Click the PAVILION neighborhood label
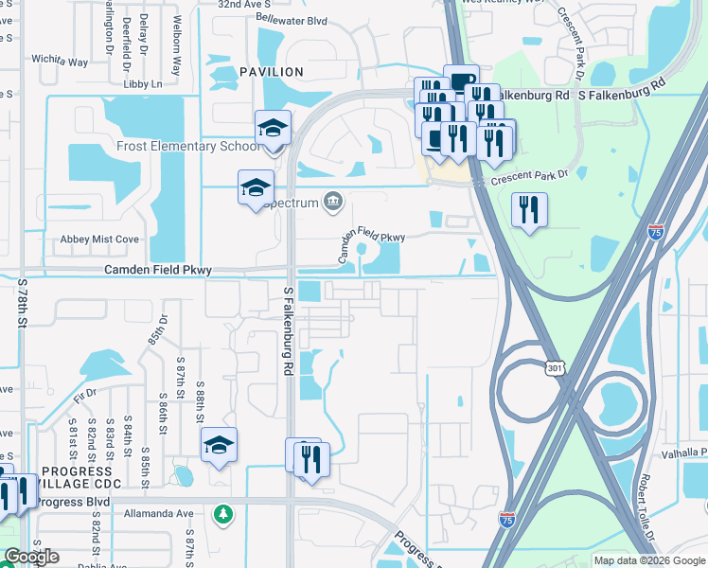272,72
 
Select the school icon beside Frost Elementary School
273,129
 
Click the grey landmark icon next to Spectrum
333,200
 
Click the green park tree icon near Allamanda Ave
223,513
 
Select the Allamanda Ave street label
159,513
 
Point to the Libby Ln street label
143,84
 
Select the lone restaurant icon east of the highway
529,210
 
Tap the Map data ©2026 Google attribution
649,560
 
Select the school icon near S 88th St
219,446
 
